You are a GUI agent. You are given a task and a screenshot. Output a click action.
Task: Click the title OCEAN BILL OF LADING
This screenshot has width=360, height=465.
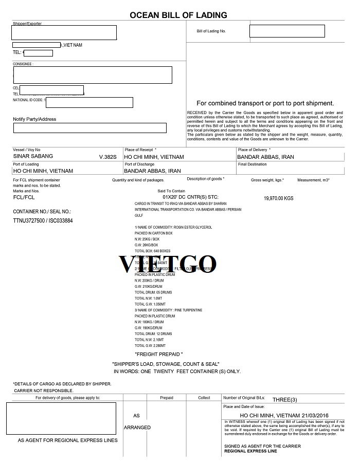coord(179,15)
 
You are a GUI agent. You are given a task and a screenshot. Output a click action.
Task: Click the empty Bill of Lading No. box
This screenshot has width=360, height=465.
coord(287,31)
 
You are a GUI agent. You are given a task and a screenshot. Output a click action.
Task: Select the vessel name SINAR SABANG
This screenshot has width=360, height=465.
coord(33,156)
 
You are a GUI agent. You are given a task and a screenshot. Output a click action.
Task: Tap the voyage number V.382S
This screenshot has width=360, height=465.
coord(108,156)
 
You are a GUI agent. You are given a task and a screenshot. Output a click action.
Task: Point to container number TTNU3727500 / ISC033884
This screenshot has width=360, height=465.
coord(43,220)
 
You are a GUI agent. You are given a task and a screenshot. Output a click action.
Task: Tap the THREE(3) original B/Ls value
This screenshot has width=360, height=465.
coord(284,399)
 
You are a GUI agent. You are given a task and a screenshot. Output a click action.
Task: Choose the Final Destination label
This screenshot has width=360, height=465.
coord(252,164)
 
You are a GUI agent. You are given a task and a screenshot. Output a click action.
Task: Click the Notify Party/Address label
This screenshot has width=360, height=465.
coord(34,119)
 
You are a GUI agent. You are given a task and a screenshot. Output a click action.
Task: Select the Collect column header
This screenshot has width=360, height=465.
coord(205,398)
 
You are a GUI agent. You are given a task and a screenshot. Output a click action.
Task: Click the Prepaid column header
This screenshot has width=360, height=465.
coord(167,398)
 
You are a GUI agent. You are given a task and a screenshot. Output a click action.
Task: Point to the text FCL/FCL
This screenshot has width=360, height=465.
coord(24,197)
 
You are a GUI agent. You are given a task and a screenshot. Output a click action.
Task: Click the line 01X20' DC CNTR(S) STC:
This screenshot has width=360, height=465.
coord(190,197)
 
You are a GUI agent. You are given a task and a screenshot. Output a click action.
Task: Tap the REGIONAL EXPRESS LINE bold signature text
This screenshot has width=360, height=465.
coord(250,451)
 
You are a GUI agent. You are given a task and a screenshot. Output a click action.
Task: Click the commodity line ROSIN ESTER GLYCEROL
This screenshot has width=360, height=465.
coord(173,227)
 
